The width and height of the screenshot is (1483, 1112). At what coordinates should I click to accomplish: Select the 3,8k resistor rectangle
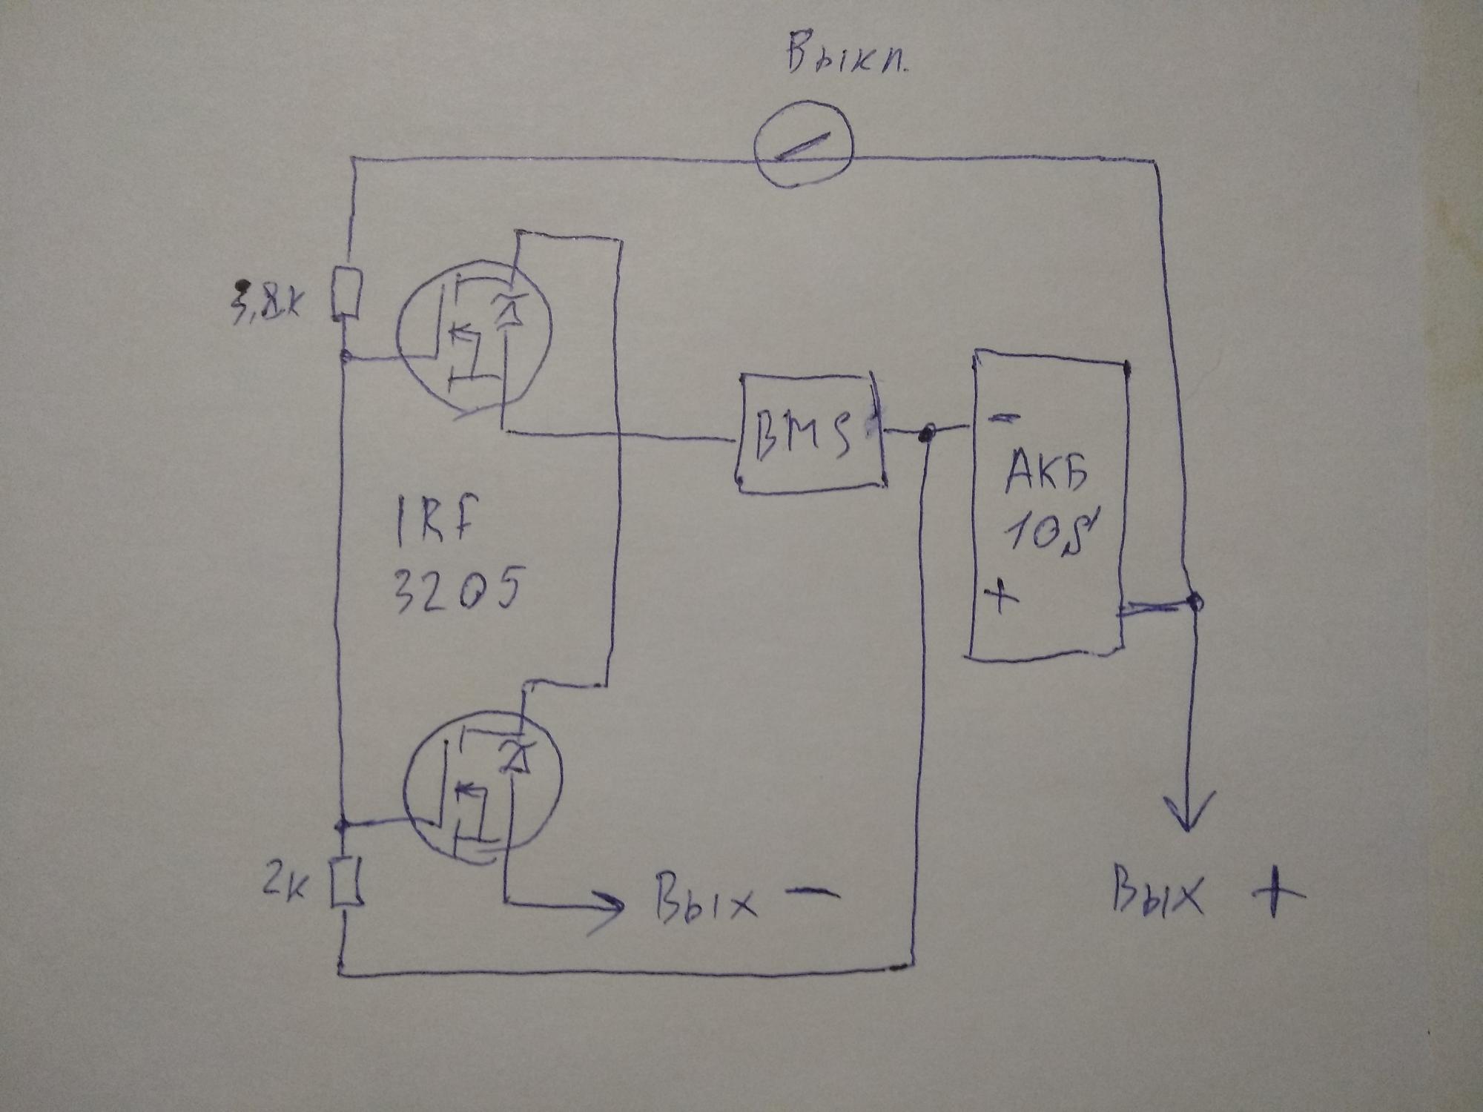point(347,294)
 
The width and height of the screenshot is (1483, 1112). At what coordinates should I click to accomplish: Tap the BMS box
point(810,431)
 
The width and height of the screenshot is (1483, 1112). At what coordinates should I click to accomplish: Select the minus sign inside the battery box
point(1005,419)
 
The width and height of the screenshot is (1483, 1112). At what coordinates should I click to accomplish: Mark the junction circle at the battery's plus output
point(1194,602)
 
